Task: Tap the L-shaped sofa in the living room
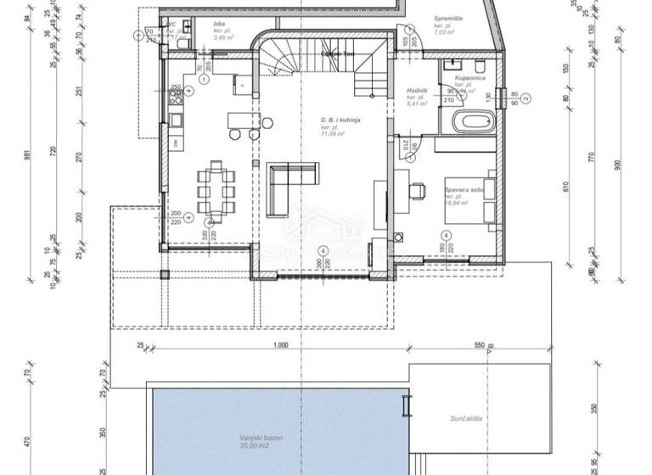[284, 188]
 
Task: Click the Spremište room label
[448, 18]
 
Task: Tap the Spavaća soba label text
[464, 193]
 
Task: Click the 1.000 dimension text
[282, 345]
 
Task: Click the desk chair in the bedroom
[418, 189]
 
